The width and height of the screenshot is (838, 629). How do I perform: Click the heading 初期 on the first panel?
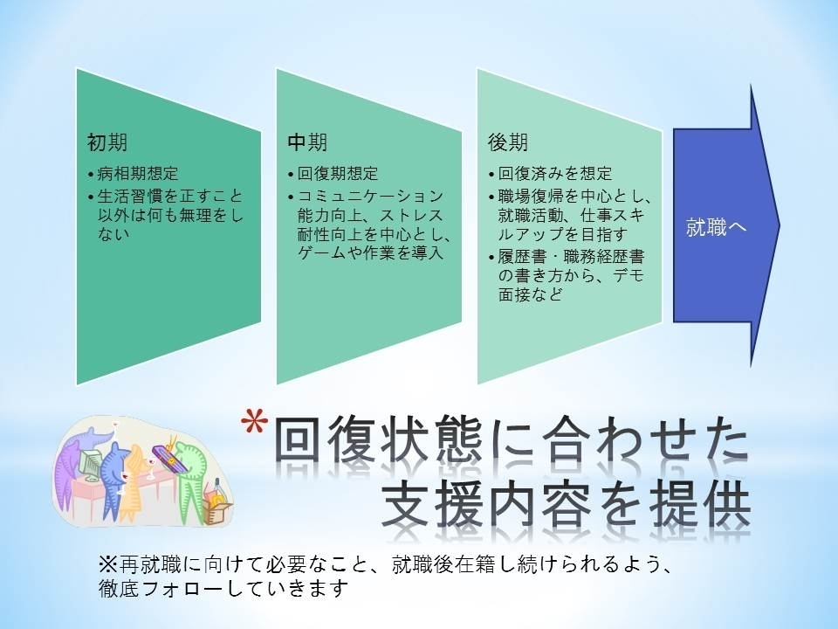tap(107, 142)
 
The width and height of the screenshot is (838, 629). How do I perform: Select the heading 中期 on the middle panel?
tap(307, 142)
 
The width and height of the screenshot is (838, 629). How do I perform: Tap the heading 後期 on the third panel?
tap(508, 142)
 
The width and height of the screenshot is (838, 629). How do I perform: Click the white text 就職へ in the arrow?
tap(716, 228)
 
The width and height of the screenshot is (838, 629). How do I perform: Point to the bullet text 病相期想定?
tap(137, 174)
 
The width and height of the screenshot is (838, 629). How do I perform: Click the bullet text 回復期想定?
tap(338, 174)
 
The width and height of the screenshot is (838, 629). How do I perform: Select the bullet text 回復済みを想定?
tap(555, 174)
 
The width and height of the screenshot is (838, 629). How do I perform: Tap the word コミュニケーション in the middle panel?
tap(370, 197)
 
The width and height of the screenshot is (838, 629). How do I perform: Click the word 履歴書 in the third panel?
tap(522, 257)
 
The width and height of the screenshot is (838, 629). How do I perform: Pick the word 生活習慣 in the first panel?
tap(129, 197)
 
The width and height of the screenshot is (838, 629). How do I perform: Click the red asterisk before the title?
tap(254, 422)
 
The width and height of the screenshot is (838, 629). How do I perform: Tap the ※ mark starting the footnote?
tap(107, 564)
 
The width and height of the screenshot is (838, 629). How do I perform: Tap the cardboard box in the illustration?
tap(217, 508)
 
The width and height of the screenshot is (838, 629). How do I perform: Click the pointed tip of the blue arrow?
tap(780, 225)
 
